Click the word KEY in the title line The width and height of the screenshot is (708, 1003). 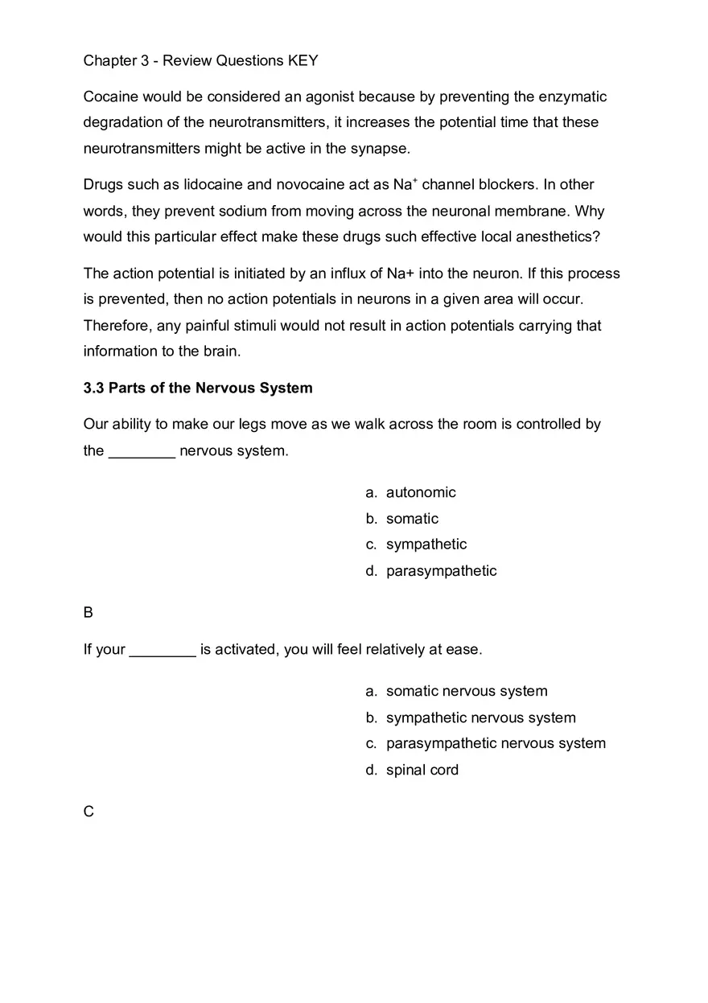[303, 61]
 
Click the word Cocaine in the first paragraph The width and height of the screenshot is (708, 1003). [111, 97]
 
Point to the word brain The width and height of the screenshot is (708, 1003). [219, 351]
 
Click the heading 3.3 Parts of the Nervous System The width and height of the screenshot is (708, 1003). [198, 388]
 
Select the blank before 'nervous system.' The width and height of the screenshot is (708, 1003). [142, 451]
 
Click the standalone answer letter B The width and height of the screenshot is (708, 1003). [88, 613]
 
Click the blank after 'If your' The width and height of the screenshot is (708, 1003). [163, 650]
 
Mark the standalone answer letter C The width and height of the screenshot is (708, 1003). [88, 812]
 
